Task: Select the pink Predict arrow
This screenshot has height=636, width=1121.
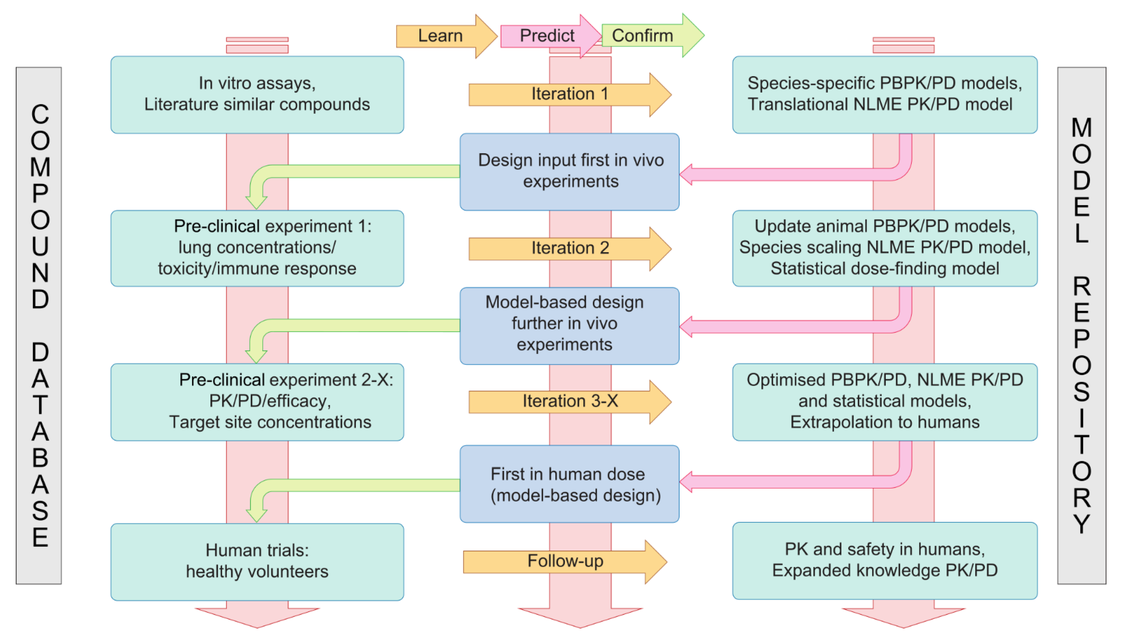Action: click(x=547, y=36)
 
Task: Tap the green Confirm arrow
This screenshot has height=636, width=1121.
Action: click(x=647, y=36)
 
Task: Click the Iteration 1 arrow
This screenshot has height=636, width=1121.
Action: click(x=569, y=94)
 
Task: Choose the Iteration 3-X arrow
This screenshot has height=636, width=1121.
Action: click(x=569, y=401)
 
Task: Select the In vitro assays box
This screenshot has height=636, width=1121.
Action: click(x=257, y=94)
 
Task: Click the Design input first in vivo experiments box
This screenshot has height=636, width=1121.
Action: click(x=569, y=172)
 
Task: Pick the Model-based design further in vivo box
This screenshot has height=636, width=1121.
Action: click(x=569, y=326)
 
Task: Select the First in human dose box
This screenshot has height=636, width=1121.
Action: click(x=569, y=484)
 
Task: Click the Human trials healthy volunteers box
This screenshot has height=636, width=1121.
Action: click(x=257, y=562)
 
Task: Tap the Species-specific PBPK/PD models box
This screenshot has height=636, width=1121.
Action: click(x=885, y=94)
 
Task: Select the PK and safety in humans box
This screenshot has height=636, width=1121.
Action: click(x=885, y=561)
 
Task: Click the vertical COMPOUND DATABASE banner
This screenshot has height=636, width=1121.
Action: click(x=39, y=325)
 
